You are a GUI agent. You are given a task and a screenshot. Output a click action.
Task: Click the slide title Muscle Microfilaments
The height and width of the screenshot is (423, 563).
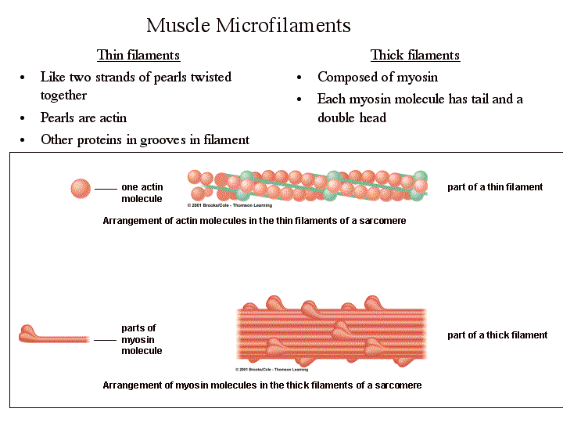pyautogui.click(x=249, y=25)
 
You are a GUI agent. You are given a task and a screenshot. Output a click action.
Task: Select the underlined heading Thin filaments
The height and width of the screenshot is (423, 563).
pyautogui.click(x=138, y=55)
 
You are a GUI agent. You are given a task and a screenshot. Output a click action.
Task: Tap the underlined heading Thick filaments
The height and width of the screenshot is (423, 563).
pyautogui.click(x=414, y=55)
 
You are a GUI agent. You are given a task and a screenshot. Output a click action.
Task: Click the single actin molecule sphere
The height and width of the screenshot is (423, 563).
pyautogui.click(x=81, y=189)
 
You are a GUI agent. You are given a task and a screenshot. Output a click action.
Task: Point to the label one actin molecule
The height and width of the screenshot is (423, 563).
pyautogui.click(x=142, y=193)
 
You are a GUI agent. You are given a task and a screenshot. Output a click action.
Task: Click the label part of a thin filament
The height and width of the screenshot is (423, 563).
pyautogui.click(x=495, y=187)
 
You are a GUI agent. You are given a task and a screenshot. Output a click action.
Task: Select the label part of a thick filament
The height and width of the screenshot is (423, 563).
pyautogui.click(x=497, y=335)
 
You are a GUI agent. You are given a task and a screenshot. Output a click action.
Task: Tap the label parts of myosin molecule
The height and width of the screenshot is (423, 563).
pyautogui.click(x=141, y=339)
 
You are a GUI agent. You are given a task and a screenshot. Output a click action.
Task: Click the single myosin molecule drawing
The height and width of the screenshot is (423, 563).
pyautogui.click(x=53, y=335)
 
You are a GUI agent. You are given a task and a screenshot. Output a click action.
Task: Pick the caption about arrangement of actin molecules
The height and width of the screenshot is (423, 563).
pyautogui.click(x=254, y=221)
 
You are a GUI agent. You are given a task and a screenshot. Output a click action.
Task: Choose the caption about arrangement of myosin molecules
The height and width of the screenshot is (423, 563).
pyautogui.click(x=262, y=385)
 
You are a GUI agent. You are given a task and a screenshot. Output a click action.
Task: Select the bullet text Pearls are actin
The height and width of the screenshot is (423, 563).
pyautogui.click(x=84, y=117)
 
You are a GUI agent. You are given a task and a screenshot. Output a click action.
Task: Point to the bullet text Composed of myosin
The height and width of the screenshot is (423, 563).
pyautogui.click(x=378, y=77)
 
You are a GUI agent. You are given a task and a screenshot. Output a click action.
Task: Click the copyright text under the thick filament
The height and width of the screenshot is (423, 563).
pyautogui.click(x=272, y=370)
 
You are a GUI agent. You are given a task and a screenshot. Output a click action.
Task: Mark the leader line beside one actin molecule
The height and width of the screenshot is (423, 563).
pyautogui.click(x=106, y=190)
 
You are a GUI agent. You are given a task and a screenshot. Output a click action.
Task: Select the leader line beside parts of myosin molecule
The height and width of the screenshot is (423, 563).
pyautogui.click(x=105, y=340)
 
